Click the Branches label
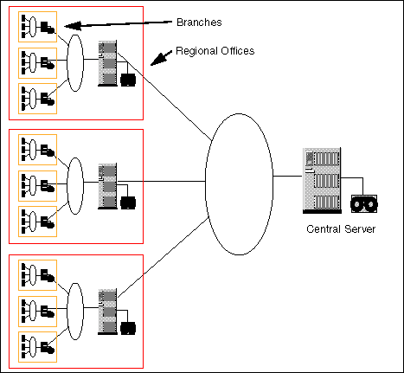click(x=199, y=23)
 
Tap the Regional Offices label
click(x=215, y=51)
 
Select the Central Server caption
click(x=341, y=229)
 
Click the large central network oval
click(x=206, y=184)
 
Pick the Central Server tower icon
click(x=322, y=181)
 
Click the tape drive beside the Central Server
click(x=364, y=203)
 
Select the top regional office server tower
click(x=107, y=63)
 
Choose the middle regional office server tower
click(x=107, y=186)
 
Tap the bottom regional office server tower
click(x=107, y=312)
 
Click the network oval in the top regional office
click(x=67, y=63)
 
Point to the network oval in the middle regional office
click(x=67, y=186)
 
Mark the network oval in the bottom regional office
click(x=67, y=312)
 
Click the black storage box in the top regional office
click(x=128, y=80)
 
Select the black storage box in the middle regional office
click(x=128, y=203)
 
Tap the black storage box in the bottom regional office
click(x=128, y=328)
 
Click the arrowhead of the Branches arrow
click(x=64, y=27)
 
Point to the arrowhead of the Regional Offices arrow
click(x=151, y=65)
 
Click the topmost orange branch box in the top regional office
click(x=18, y=27)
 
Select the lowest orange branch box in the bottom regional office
click(x=18, y=347)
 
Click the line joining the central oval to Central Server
click(x=287, y=176)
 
